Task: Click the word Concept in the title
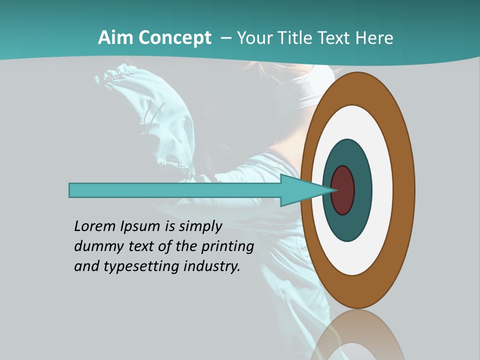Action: (174, 38)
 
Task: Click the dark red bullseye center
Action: (343, 190)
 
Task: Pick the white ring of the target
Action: (382, 190)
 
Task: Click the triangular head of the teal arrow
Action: (305, 190)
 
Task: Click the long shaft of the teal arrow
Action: (175, 190)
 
